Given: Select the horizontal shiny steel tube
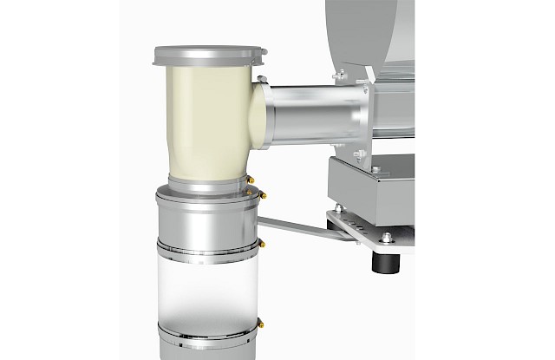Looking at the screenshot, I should [312, 113].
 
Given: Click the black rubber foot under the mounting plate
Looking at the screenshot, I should [380, 259].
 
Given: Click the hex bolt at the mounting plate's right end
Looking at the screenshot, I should [385, 236].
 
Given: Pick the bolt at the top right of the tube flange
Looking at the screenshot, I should [343, 75].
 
